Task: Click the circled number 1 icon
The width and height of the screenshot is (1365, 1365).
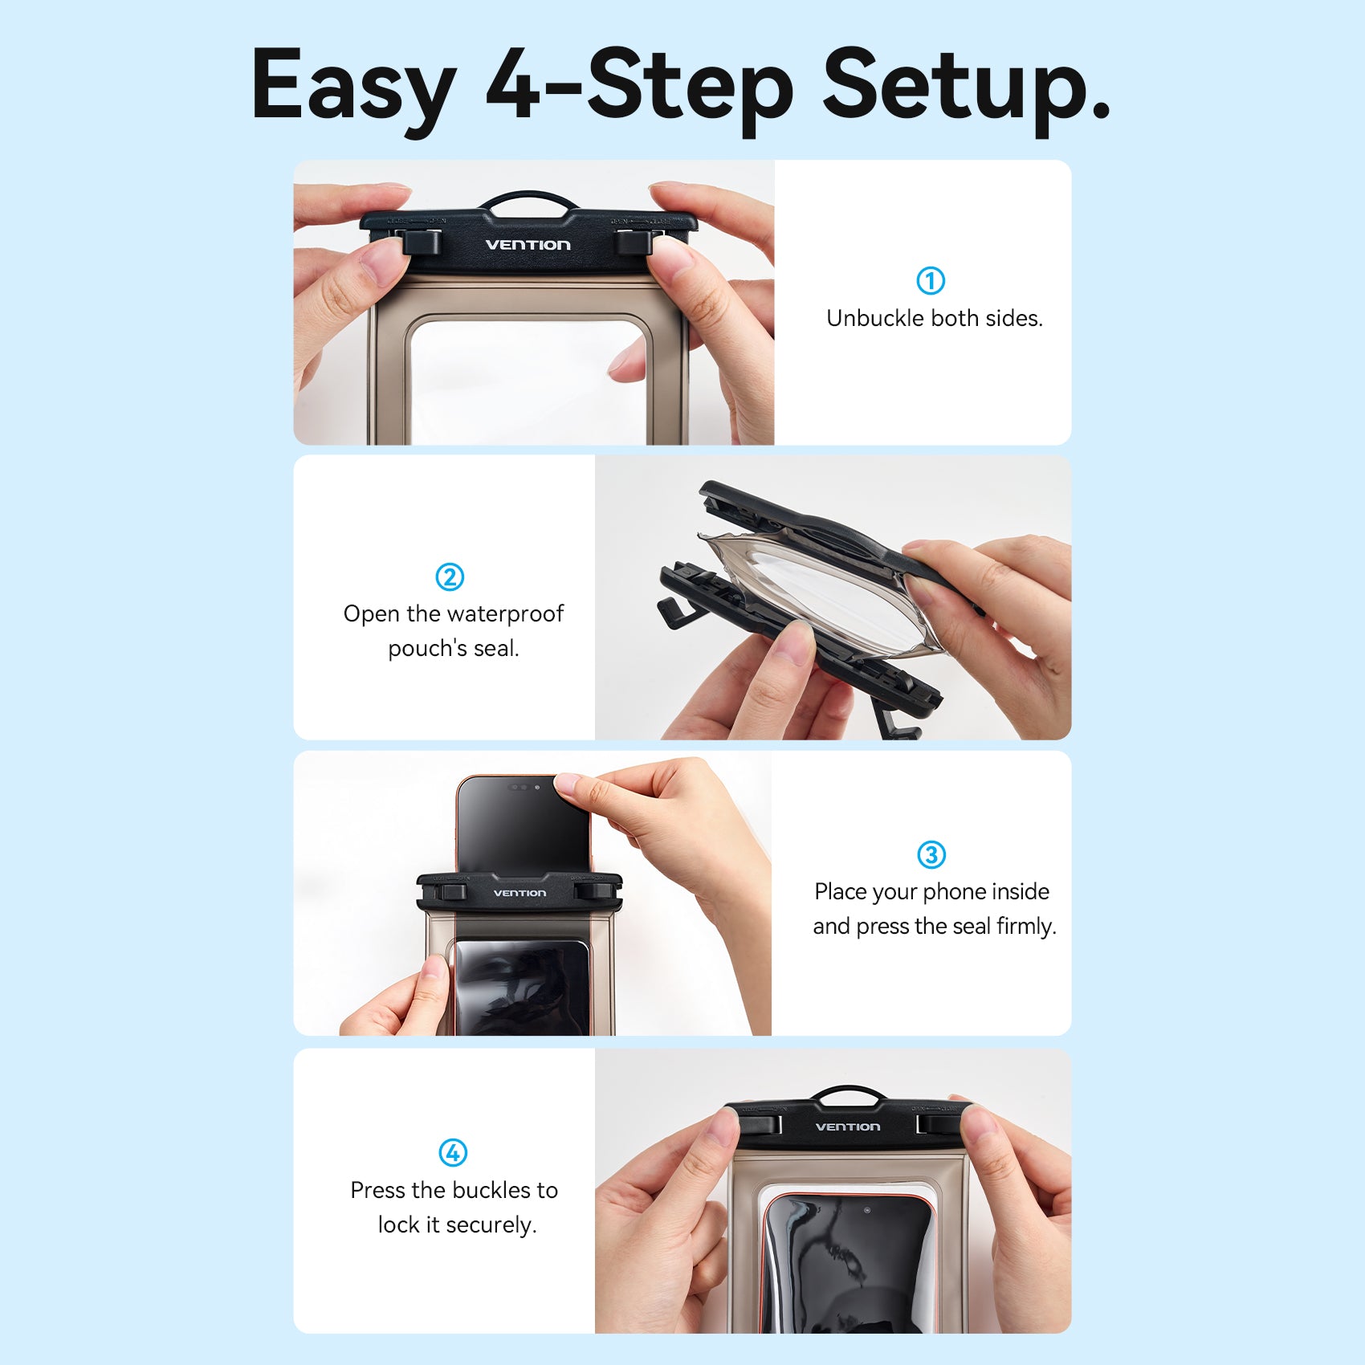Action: (931, 280)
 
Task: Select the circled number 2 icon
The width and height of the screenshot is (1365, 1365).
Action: (450, 577)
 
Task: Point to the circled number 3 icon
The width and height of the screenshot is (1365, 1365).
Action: (931, 854)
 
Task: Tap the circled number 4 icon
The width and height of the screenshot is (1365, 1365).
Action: (453, 1152)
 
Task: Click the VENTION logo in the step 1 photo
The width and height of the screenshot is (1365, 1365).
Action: (528, 245)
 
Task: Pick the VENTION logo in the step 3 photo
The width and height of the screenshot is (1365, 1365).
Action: (520, 893)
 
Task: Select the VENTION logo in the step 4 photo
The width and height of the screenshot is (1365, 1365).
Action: (848, 1127)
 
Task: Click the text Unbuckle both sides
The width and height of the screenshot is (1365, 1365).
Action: (935, 319)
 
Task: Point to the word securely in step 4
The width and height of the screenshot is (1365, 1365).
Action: (491, 1225)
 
